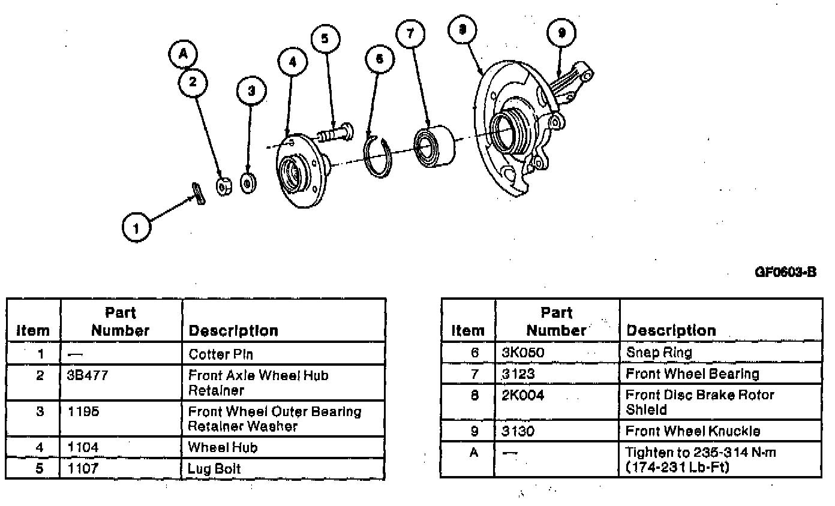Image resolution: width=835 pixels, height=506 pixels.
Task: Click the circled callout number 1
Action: coord(137,228)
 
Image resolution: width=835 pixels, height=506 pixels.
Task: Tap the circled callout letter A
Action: coord(183,55)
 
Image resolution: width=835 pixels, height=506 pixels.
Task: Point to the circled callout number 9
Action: coord(561,33)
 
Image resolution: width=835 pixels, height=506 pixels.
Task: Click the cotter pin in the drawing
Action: coord(199,193)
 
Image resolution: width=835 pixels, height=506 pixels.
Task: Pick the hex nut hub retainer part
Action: coord(224,186)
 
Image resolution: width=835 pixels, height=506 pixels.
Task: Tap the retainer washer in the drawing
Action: coord(248,183)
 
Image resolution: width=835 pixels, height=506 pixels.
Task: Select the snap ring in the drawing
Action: coord(378,157)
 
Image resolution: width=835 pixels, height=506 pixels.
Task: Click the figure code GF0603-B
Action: coord(785,272)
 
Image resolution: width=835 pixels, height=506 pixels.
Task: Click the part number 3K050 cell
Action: coord(523,353)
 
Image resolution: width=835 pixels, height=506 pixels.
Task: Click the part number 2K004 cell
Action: coord(523,396)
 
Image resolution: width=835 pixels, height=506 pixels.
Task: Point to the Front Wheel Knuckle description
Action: coord(692,431)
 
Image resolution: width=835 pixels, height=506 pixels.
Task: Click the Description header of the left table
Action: coord(233,331)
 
